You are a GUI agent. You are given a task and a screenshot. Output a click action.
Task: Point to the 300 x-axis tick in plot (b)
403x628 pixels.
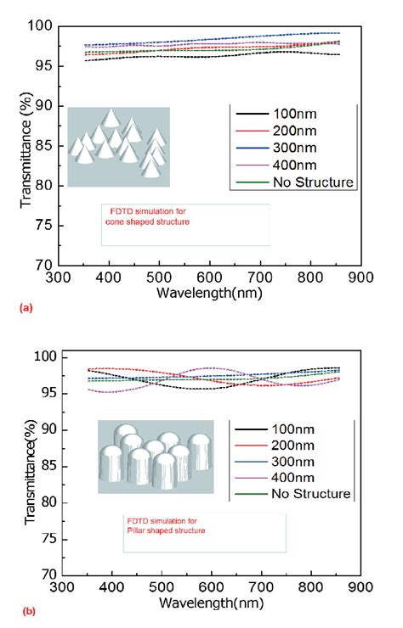(x=59, y=588)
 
